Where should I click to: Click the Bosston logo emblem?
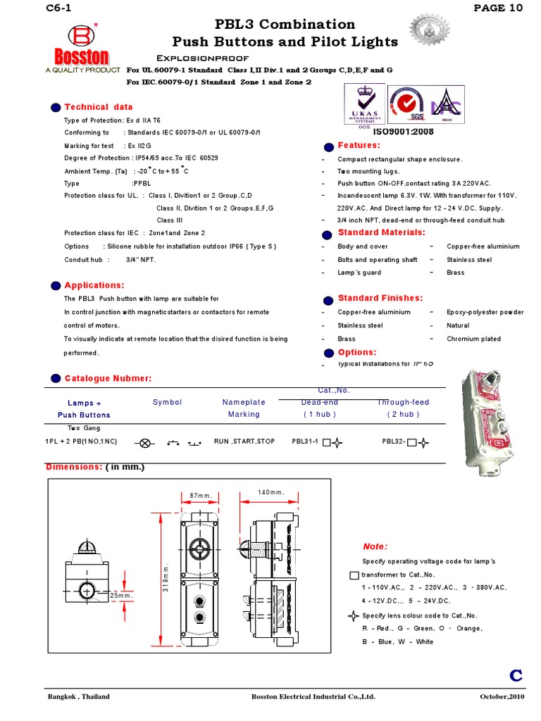(78, 36)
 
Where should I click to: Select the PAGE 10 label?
(499, 8)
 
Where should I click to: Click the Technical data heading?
(98, 107)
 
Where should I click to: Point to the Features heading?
(359, 145)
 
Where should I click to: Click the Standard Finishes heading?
(380, 298)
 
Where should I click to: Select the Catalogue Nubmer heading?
(108, 379)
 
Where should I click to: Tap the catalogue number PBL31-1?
(306, 442)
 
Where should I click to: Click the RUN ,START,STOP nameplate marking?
(244, 442)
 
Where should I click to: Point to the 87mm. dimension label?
(201, 496)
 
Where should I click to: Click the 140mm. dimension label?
(270, 492)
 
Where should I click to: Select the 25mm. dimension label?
(121, 596)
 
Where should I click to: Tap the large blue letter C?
(516, 676)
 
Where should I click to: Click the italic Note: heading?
(375, 546)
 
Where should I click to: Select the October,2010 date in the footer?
(502, 697)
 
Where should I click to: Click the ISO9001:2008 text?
(403, 132)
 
